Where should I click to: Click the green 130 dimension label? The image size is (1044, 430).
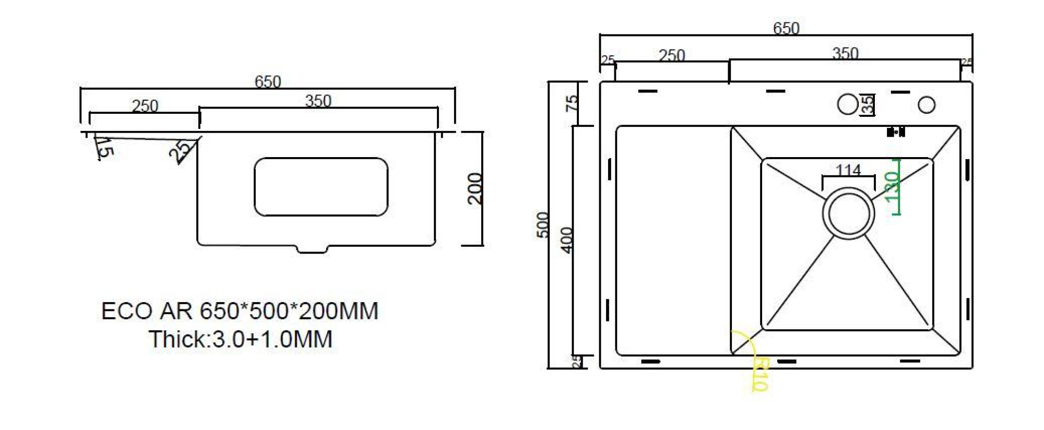(x=892, y=187)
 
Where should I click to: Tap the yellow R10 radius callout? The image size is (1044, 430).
(x=761, y=374)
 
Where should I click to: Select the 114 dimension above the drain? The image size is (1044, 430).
(x=848, y=170)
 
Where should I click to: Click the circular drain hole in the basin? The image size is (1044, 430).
(x=848, y=214)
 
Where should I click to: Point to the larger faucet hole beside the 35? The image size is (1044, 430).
(x=847, y=104)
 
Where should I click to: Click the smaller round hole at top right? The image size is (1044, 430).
(x=927, y=105)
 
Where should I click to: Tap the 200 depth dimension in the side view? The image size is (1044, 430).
(x=474, y=188)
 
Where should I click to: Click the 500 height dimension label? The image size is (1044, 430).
(x=543, y=225)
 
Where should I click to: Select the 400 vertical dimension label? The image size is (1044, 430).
(x=567, y=240)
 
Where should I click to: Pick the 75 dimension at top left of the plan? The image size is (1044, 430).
(x=573, y=102)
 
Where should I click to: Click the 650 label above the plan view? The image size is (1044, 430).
(x=786, y=28)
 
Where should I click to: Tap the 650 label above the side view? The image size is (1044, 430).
(x=267, y=81)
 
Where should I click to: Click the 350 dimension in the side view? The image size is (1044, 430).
(x=318, y=100)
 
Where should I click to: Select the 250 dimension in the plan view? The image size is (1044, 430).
(x=671, y=55)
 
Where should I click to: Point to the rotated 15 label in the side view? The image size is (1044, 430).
(x=105, y=148)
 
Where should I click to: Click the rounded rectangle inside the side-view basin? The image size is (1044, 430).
(x=321, y=187)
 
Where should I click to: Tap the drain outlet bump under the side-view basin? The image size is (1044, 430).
(x=312, y=249)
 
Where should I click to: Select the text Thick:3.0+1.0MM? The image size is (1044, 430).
(x=241, y=339)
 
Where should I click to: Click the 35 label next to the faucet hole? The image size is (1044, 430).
(x=868, y=104)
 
